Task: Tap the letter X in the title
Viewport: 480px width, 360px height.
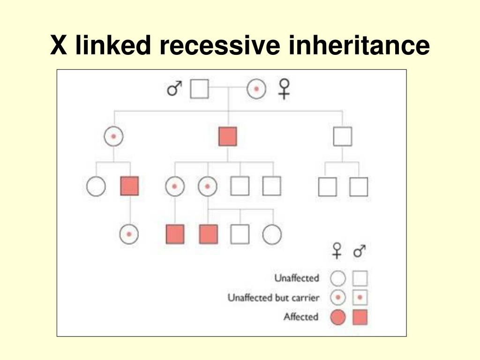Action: (58, 45)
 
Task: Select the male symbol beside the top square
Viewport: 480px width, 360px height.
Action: (174, 88)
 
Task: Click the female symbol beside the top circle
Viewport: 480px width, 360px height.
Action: (285, 88)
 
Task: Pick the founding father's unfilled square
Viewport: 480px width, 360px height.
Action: (199, 89)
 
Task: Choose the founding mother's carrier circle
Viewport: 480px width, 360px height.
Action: (256, 89)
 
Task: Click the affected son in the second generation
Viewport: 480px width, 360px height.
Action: (228, 136)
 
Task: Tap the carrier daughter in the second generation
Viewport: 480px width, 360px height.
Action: (113, 136)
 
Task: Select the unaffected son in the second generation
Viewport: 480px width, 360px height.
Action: (343, 136)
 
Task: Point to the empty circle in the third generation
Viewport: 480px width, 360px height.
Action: (96, 187)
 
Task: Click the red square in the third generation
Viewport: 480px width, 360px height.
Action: (129, 187)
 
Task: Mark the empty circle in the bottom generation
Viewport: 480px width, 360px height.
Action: (272, 234)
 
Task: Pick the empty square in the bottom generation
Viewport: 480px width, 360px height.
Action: (240, 234)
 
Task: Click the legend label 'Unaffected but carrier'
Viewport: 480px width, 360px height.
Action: (273, 298)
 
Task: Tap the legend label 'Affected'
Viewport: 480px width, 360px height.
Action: (300, 317)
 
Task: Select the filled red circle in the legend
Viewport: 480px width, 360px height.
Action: (337, 318)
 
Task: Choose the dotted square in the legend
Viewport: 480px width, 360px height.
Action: (360, 298)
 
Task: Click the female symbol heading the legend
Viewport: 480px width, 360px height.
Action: (337, 251)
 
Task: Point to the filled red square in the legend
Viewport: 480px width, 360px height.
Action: (360, 318)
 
